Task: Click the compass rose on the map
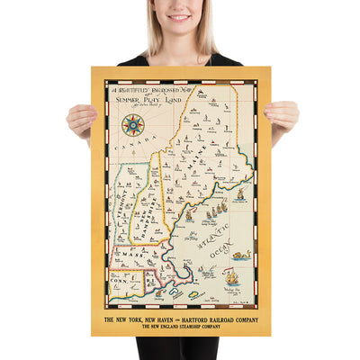133,124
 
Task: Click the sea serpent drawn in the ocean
240,256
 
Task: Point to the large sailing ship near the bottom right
232,279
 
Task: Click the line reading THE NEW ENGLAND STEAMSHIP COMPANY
180,327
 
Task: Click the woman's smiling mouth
179,18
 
